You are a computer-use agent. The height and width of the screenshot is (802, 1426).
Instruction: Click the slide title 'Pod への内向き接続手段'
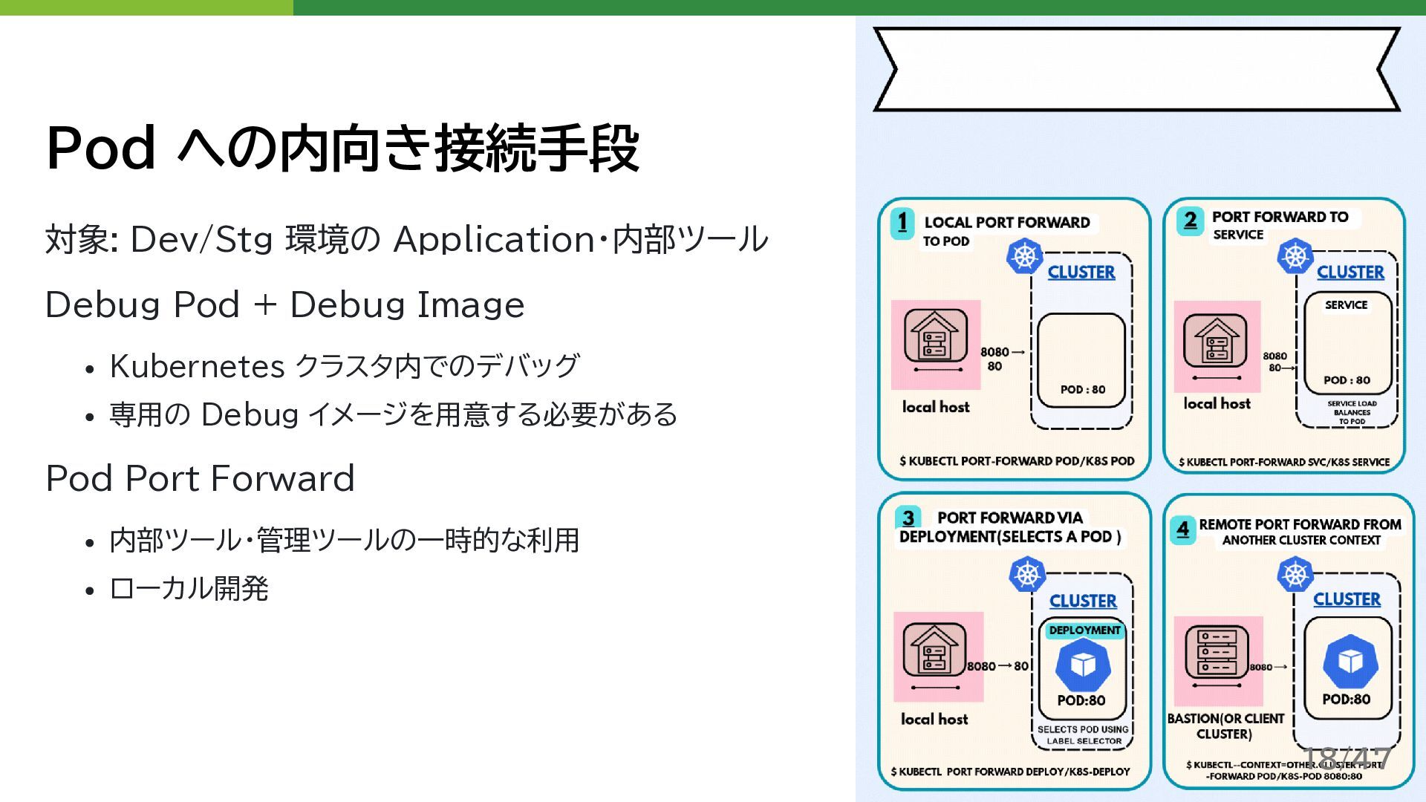click(x=342, y=149)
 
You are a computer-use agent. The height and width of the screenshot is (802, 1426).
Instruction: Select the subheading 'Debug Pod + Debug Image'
click(x=285, y=305)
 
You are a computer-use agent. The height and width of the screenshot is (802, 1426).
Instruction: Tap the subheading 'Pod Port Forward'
click(x=201, y=479)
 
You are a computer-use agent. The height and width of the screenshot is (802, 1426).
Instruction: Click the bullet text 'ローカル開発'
click(x=189, y=589)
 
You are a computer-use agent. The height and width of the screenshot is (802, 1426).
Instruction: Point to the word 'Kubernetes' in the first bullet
click(x=198, y=366)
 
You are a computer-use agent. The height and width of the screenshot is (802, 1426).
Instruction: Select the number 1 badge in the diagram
click(x=902, y=222)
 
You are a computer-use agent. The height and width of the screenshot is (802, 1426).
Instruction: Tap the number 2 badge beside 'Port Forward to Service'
click(x=1190, y=221)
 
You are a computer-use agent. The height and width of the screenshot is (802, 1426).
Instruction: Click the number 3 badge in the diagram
click(x=908, y=518)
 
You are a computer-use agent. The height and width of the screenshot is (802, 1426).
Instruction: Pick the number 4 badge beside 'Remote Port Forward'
click(x=1183, y=529)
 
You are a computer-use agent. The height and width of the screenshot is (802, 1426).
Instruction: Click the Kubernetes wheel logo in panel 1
click(x=1024, y=257)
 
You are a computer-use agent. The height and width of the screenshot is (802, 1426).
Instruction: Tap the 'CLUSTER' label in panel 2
click(x=1350, y=273)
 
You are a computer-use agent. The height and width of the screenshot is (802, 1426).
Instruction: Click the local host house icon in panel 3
click(x=934, y=651)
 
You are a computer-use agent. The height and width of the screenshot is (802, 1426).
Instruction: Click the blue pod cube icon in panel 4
click(x=1350, y=661)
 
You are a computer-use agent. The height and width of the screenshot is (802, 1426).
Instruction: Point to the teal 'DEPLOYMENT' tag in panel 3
click(x=1084, y=630)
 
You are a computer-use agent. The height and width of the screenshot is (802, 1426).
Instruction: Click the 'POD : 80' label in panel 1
click(x=1083, y=389)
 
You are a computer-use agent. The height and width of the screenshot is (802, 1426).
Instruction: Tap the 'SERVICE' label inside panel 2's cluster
click(x=1346, y=305)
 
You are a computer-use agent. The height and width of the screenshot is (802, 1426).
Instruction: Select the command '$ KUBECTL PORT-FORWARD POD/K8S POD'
click(x=1017, y=461)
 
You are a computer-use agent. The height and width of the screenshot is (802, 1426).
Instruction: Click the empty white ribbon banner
click(x=1136, y=69)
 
